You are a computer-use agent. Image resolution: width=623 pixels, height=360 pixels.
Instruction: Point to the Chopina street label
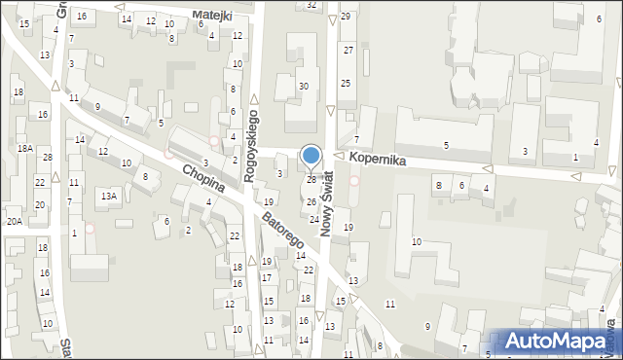coord(202,176)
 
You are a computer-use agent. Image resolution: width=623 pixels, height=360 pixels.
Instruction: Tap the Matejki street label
coord(212,16)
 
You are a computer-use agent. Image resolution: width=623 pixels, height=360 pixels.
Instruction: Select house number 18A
coord(25,149)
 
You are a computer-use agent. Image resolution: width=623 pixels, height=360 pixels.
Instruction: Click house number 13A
coord(109,196)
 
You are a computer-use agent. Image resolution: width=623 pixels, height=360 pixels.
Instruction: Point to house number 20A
coord(13,222)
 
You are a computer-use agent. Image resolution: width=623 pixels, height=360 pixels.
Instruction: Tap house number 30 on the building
coord(304,87)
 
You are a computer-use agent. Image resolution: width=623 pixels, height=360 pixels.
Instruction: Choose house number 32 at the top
coord(311,5)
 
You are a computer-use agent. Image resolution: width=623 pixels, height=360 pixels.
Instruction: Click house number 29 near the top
coord(346,18)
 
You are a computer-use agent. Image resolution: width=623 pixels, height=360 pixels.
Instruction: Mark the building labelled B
coord(438,185)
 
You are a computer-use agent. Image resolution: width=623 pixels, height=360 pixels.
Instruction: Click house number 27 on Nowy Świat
coord(348,49)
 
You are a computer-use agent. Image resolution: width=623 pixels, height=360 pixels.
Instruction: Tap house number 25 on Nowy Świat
coord(345,84)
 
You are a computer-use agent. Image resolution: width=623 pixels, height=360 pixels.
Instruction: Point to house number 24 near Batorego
coord(314,220)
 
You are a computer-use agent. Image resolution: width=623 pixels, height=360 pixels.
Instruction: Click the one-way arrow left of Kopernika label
coord(340,157)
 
